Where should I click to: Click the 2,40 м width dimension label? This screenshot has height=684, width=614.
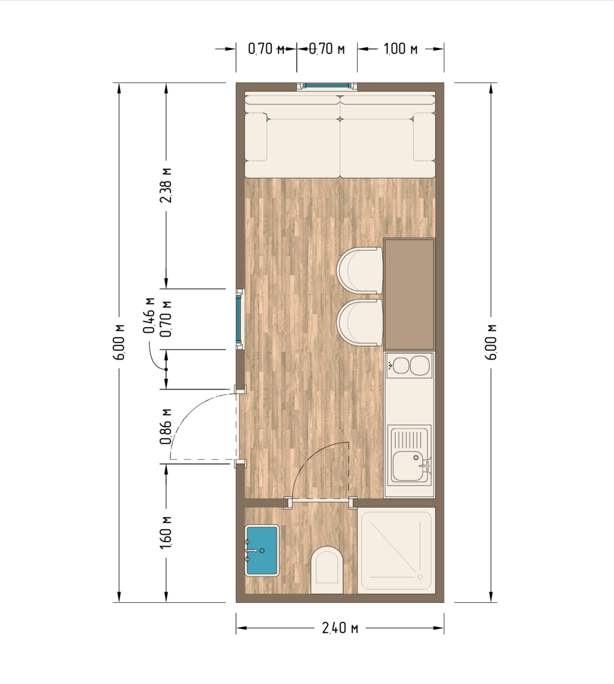coord(340,628)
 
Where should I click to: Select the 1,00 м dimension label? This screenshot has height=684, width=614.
coord(401,49)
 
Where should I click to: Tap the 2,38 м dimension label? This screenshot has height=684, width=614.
coord(166,185)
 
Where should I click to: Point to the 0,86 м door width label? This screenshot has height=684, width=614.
coord(166,426)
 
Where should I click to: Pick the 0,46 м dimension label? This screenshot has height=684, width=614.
coord(148,315)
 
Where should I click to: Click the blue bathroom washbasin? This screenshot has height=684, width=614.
coord(262,550)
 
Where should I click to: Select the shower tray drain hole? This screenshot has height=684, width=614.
coord(421,577)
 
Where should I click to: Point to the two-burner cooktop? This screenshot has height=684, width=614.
coord(409,365)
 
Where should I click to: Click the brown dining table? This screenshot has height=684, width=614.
coord(409,294)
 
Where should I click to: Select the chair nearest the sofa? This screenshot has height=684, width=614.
coord(360,270)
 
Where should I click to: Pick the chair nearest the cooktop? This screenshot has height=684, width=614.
coord(360,322)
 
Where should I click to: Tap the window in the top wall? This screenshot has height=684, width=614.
coord(327,86)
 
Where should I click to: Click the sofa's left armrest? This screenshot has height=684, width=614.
coord(256,137)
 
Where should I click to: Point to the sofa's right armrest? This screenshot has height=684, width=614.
coord(424,137)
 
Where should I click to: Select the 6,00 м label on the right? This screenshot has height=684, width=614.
coord(492,342)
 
